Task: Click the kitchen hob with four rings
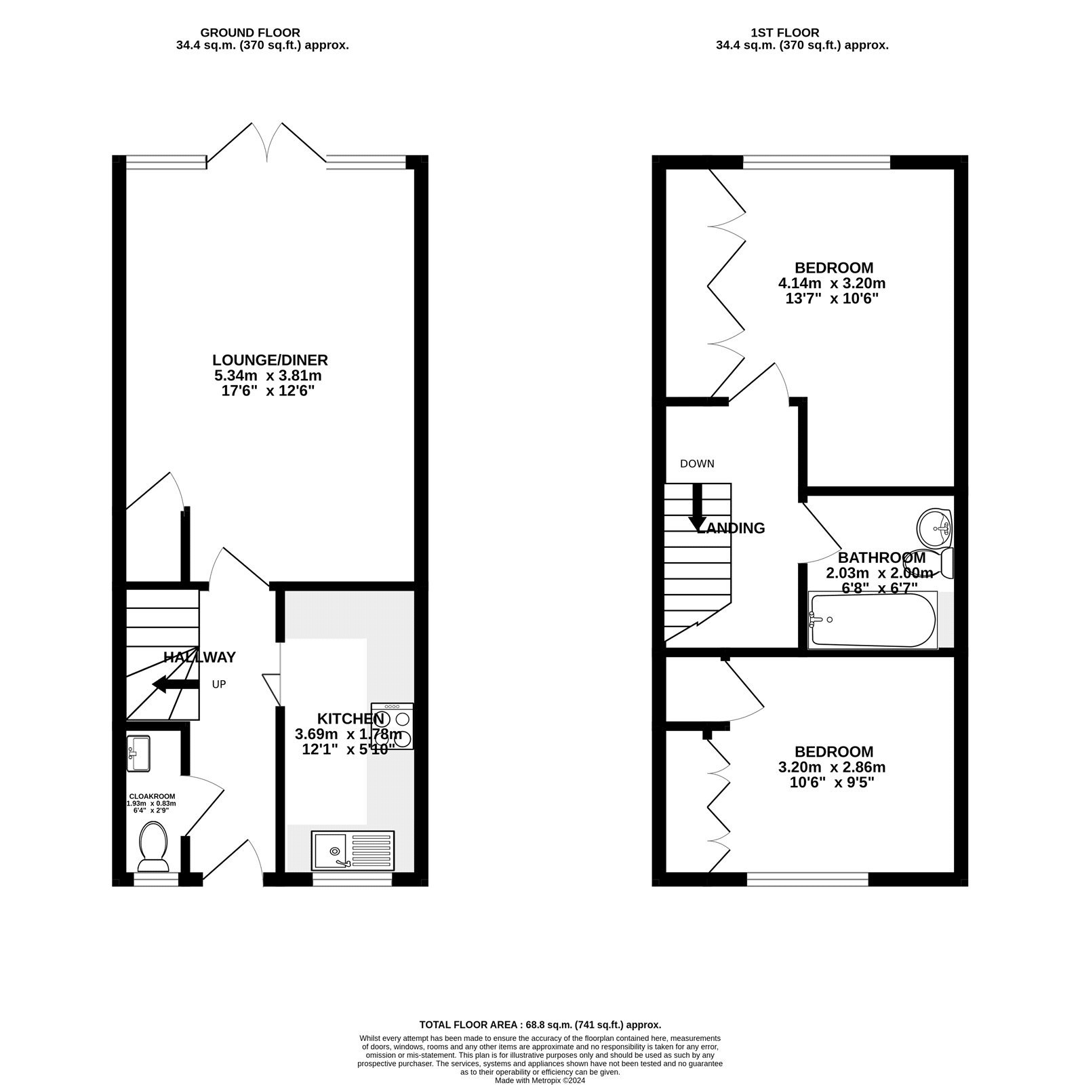click(x=393, y=726)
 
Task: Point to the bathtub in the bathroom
click(x=873, y=620)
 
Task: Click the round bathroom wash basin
click(x=934, y=526)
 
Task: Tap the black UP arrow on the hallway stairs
click(x=176, y=684)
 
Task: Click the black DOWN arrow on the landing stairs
click(x=696, y=508)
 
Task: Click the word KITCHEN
click(x=351, y=718)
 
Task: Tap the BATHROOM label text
click(x=881, y=557)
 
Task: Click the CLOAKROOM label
click(x=152, y=796)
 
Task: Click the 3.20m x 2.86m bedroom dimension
click(x=833, y=767)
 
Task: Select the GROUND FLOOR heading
click(x=249, y=33)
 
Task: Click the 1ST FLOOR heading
click(x=784, y=33)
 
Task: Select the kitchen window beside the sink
click(x=352, y=880)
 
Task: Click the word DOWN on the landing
click(x=697, y=464)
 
